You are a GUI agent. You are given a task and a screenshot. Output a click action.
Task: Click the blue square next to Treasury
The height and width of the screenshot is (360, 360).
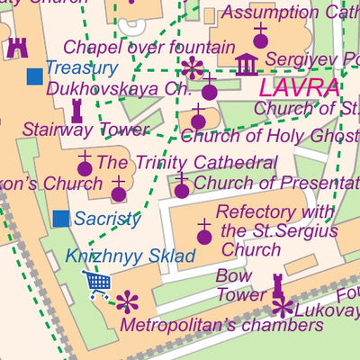click(x=34, y=76)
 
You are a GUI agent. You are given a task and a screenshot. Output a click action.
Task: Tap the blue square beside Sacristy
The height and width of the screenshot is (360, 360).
click(x=61, y=218)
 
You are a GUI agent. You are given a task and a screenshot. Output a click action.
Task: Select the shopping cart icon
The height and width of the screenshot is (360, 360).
click(x=97, y=283)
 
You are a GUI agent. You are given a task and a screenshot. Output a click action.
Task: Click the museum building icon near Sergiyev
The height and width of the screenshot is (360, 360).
click(x=246, y=64)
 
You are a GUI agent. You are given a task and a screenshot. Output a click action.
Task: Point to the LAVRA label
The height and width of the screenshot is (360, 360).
click(x=299, y=89)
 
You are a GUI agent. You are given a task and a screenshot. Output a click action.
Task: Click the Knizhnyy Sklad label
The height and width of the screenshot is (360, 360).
click(x=130, y=256)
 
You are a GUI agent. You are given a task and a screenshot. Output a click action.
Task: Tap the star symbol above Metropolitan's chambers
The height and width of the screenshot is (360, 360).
click(x=129, y=301)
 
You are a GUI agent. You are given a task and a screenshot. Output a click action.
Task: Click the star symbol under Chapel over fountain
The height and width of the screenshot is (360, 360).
click(x=192, y=67)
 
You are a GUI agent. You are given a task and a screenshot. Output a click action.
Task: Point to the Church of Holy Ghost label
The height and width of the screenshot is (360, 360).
click(x=268, y=137)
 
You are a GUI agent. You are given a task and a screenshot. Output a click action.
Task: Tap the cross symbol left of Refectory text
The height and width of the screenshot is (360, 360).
click(x=204, y=229)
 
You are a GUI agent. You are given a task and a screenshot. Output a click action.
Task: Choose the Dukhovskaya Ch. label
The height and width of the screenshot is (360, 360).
click(x=119, y=89)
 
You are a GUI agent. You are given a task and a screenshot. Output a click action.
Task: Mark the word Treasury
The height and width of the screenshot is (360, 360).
click(x=81, y=67)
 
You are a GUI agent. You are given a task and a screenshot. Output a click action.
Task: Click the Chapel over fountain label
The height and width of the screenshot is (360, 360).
click(x=149, y=46)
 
